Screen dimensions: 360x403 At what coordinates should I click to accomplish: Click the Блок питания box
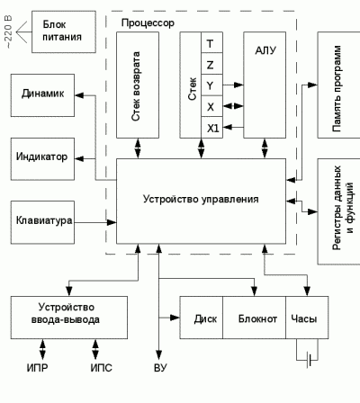pos(64,31)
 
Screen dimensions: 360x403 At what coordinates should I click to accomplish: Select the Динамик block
pos(42,95)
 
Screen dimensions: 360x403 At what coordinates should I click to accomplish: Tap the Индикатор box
pos(42,159)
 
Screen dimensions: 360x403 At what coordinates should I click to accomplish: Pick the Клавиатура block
pos(42,222)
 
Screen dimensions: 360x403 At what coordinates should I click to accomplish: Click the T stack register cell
pos(211,42)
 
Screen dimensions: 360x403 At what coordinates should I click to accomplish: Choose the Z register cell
pos(211,64)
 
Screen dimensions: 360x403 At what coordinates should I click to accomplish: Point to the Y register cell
pos(211,85)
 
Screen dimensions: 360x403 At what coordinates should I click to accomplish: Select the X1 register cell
pos(211,128)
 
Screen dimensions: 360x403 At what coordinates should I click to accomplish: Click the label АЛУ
pos(265,50)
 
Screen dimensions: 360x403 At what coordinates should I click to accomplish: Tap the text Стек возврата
pos(136,86)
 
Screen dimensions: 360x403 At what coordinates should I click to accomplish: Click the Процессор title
pos(148,23)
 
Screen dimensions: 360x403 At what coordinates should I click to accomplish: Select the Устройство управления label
pos(201,199)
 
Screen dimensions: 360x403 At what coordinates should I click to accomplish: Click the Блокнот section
pos(255,318)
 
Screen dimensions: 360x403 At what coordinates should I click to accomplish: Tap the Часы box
pos(307,318)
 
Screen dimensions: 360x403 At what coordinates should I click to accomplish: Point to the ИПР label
pos(37,368)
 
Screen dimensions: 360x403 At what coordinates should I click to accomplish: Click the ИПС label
pos(102,368)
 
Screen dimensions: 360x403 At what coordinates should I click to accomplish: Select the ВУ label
pos(160,368)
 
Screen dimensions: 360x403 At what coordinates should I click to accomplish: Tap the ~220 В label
pos(8,31)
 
